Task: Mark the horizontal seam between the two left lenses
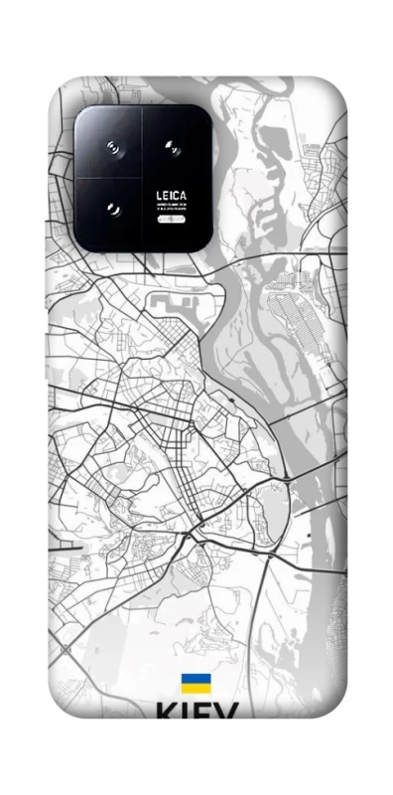pos(109,179)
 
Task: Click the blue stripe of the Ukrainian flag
pos(196,678)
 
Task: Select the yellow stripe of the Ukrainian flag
pos(196,688)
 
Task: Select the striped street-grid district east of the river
pos(297,318)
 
